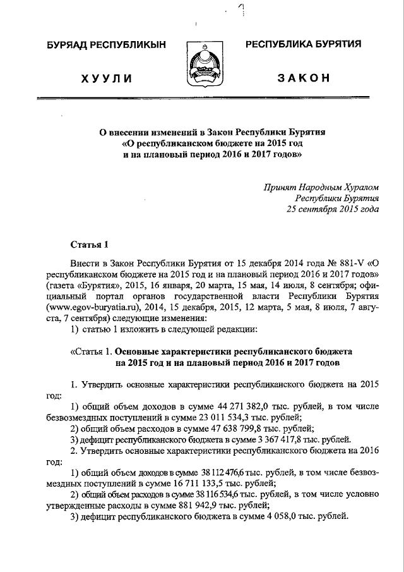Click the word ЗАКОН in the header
pyautogui.click(x=304, y=78)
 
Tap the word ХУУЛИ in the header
pyautogui.click(x=106, y=78)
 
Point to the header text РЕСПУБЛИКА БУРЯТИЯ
pyautogui.click(x=303, y=44)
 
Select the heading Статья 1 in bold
pyautogui.click(x=88, y=243)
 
